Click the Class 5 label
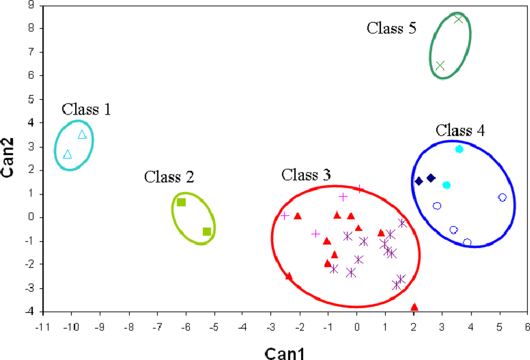click(x=391, y=28)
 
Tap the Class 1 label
click(x=86, y=109)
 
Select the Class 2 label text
click(x=169, y=177)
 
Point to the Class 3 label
click(x=306, y=175)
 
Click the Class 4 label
click(x=460, y=130)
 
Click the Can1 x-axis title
click(x=284, y=353)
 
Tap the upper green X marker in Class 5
click(x=458, y=19)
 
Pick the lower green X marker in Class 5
click(x=440, y=66)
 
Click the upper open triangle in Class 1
click(x=82, y=135)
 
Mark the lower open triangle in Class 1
click(x=67, y=154)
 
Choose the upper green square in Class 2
click(x=181, y=202)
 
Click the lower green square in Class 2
click(x=207, y=231)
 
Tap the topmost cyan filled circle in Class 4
click(x=459, y=149)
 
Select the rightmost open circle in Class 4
click(x=502, y=198)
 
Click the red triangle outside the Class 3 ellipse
click(x=414, y=308)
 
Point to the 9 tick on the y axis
click(x=32, y=5)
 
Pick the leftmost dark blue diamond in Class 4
click(x=419, y=181)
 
